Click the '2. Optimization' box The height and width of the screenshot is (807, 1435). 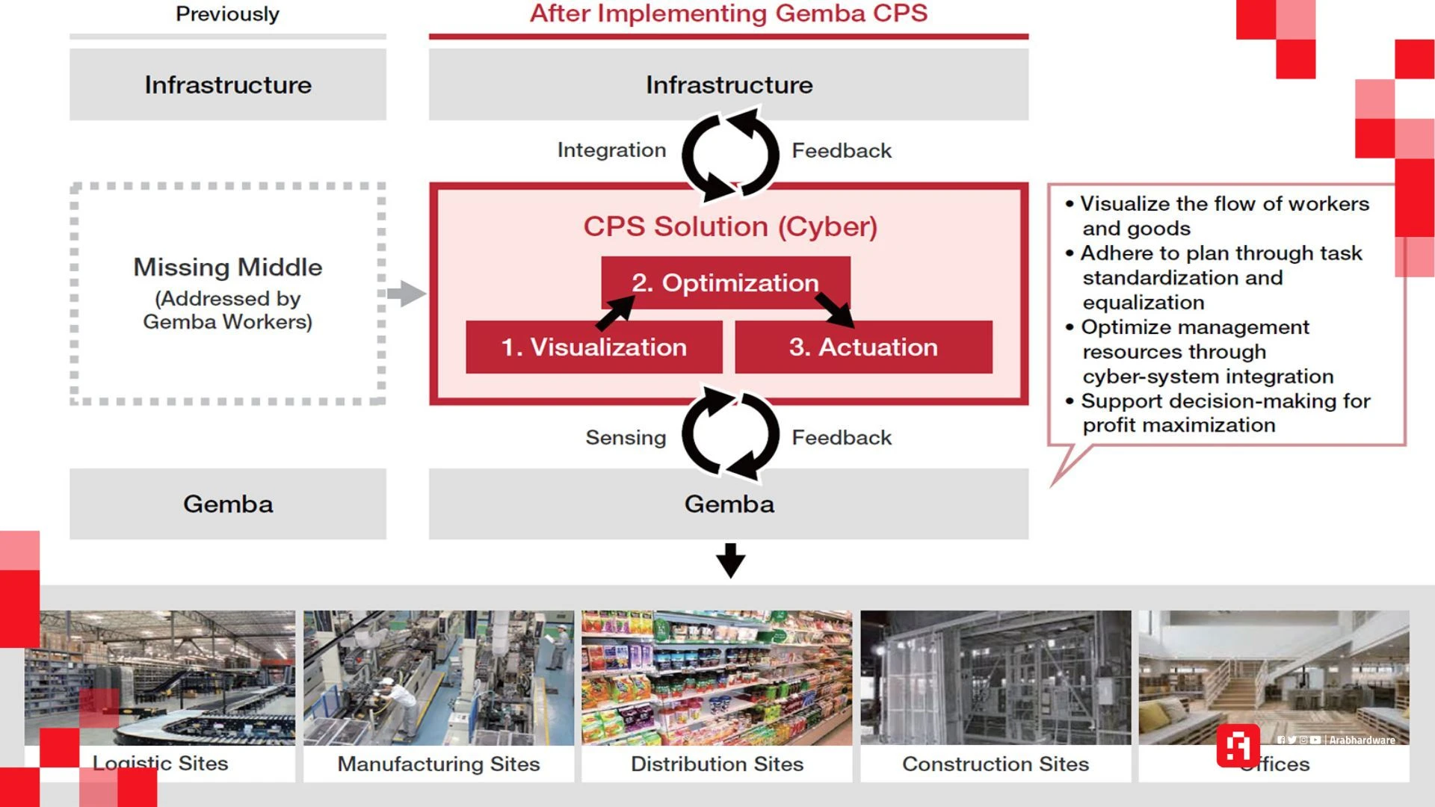coord(725,282)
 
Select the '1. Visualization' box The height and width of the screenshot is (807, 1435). coord(593,347)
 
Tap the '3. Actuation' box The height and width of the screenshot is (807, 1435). coord(863,347)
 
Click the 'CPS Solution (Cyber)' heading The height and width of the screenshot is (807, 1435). coord(730,226)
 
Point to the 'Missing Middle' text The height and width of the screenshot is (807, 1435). coord(228,268)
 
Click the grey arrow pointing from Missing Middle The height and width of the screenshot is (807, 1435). coord(407,294)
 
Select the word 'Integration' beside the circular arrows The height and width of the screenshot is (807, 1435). coord(611,150)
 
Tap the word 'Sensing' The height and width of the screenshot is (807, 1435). coord(626,437)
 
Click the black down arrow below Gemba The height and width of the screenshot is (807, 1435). coord(730,560)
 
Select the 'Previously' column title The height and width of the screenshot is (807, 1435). coord(227,14)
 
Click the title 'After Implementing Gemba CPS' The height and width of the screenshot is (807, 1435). coord(729,13)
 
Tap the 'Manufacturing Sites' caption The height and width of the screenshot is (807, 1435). coord(439,764)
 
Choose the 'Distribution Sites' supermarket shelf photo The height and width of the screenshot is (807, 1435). coord(717,677)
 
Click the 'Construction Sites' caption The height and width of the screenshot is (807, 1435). coord(996,764)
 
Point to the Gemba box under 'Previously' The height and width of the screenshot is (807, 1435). coord(228,504)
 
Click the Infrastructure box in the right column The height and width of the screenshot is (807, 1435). coord(729,84)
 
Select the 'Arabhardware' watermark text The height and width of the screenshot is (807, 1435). coord(1362,740)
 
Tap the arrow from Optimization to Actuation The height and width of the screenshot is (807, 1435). coord(834,309)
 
